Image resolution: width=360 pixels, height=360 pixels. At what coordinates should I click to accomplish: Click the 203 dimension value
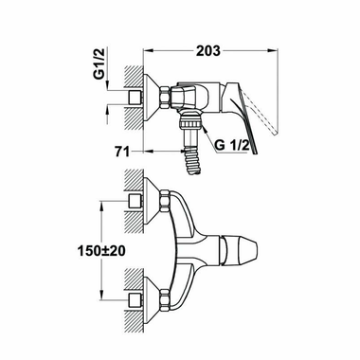pos(208,50)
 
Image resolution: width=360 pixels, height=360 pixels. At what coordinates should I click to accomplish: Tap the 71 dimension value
pos(122,152)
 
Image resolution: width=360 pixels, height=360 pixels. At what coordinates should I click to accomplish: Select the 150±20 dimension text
pos(101,251)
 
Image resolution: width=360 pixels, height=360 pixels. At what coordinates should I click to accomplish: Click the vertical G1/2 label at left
pos(100,68)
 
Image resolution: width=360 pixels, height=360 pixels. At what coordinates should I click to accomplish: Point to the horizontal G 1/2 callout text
pos(232,146)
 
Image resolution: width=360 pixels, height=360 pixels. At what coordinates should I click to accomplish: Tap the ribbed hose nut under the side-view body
pos(191,120)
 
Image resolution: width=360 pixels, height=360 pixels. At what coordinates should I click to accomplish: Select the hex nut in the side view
pos(165,98)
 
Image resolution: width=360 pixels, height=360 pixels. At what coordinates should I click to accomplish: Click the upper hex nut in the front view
pos(165,201)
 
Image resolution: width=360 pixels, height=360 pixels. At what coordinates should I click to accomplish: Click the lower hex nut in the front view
pos(165,298)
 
